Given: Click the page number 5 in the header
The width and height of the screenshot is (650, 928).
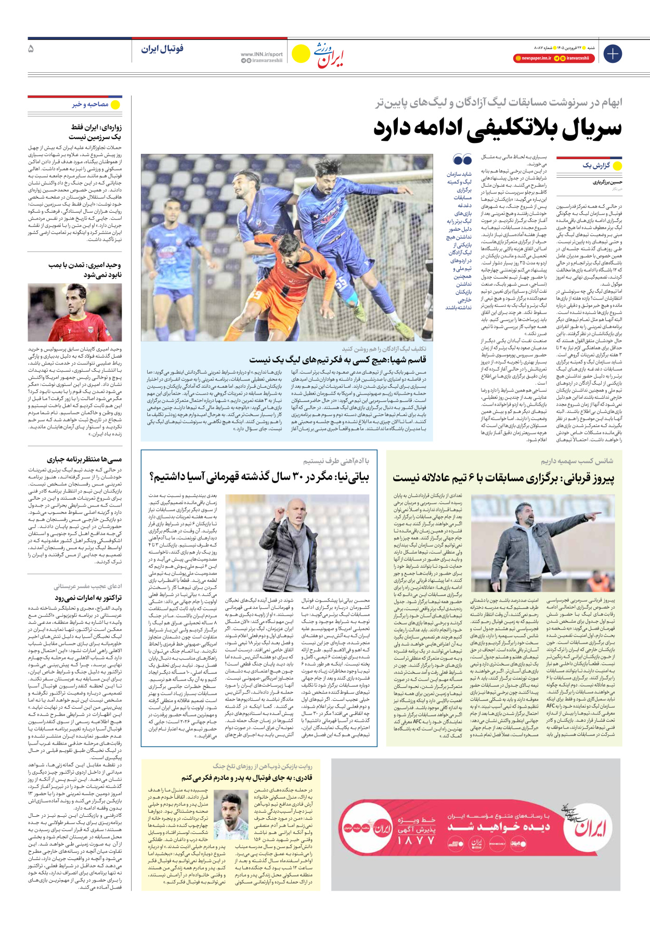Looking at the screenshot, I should click(x=31, y=49).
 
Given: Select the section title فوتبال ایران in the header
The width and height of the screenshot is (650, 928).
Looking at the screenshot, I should click(x=162, y=49).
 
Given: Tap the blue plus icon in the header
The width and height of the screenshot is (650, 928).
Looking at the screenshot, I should click(x=613, y=54).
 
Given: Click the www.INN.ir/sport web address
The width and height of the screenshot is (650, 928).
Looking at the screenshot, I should click(x=262, y=54).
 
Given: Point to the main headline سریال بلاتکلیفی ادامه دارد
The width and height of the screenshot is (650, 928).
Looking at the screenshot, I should click(x=497, y=128).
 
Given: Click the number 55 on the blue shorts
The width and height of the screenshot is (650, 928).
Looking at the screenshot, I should click(x=341, y=283).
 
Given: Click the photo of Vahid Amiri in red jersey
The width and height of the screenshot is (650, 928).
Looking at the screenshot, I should click(x=75, y=312).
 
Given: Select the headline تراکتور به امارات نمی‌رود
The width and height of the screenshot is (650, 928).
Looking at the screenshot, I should click(x=88, y=598).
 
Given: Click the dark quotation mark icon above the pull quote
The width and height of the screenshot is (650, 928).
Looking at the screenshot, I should click(x=462, y=159).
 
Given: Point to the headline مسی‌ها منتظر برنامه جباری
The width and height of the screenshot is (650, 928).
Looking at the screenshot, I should click(x=84, y=460).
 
